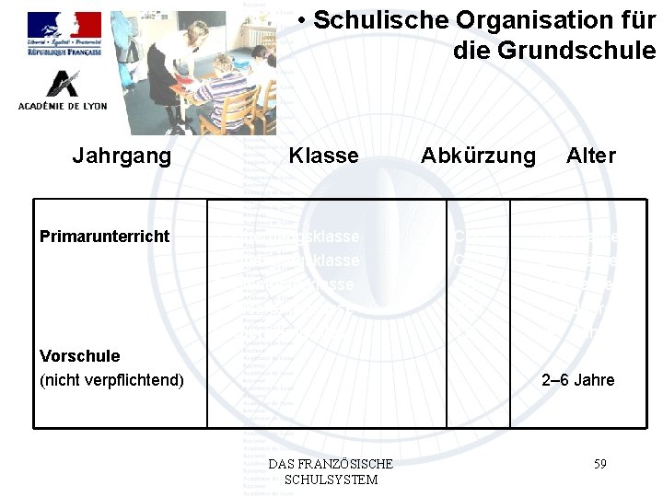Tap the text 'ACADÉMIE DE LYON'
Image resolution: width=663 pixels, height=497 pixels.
(x=63, y=106)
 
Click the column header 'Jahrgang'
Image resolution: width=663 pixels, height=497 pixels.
(x=122, y=156)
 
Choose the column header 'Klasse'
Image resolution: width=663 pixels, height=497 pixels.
(x=323, y=156)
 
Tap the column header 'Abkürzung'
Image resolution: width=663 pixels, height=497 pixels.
(x=477, y=156)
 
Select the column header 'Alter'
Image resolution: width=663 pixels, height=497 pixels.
(x=591, y=156)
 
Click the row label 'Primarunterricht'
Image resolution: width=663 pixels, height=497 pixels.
(x=105, y=237)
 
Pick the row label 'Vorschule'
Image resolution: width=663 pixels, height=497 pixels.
(x=80, y=356)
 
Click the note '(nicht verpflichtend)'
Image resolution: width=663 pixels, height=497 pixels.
(x=112, y=380)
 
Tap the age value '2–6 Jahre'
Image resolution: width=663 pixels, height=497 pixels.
(x=577, y=380)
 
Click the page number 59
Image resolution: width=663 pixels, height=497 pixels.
(x=599, y=464)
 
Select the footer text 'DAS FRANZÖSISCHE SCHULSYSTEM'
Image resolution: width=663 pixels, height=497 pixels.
(x=330, y=471)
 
